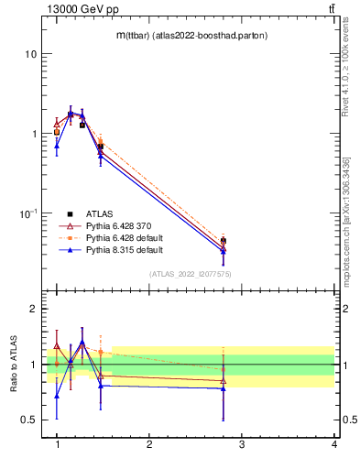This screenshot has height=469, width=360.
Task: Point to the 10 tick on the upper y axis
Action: [31, 54]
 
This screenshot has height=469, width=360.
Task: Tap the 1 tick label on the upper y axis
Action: [34, 134]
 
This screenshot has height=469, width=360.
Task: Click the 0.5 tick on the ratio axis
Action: [29, 420]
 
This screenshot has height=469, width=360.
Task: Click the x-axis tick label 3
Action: [242, 444]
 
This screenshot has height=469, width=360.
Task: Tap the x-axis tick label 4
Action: [333, 444]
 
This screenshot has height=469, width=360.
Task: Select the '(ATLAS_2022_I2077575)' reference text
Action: [190, 274]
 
